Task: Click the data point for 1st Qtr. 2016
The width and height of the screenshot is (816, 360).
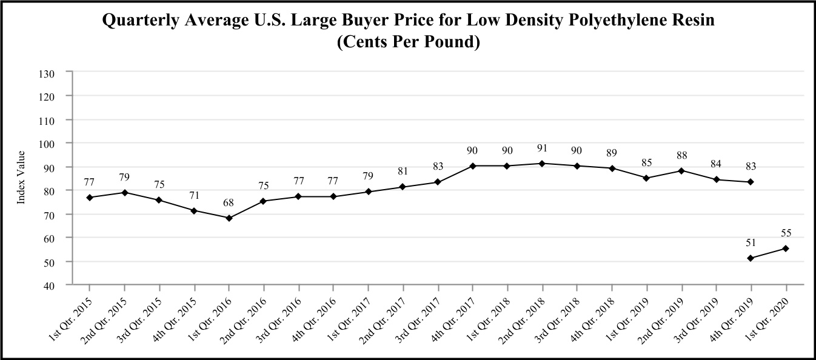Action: [x=229, y=218]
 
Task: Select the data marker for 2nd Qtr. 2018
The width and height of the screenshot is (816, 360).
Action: [x=543, y=164]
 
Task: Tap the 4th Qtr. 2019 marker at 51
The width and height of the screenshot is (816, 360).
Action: [x=751, y=258]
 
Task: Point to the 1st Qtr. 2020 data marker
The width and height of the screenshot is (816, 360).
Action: [x=786, y=248]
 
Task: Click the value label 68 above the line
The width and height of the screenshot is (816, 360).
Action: [x=229, y=202]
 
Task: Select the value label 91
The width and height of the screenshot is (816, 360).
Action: [x=543, y=148]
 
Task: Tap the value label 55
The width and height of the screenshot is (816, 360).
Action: [x=786, y=233]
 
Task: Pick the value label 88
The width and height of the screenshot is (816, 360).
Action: [x=681, y=155]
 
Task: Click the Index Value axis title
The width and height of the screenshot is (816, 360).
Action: [x=21, y=177]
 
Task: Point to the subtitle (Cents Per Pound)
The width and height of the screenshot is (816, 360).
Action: [x=408, y=43]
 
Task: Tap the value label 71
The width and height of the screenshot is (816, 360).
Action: [x=195, y=195]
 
